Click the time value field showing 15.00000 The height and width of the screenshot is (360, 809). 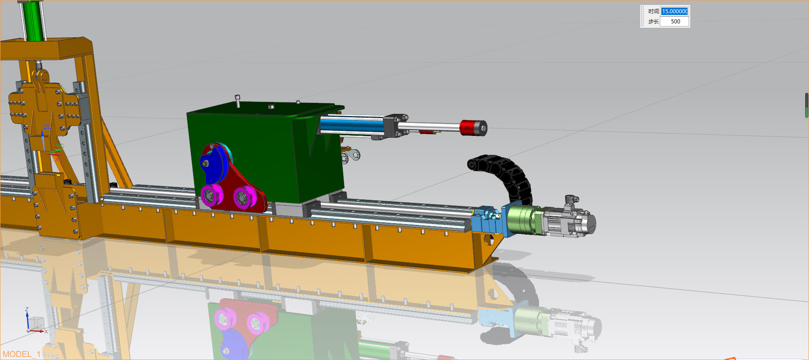point(674,11)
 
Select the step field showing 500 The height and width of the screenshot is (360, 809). point(674,22)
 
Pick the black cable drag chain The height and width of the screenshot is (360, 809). point(507,174)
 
